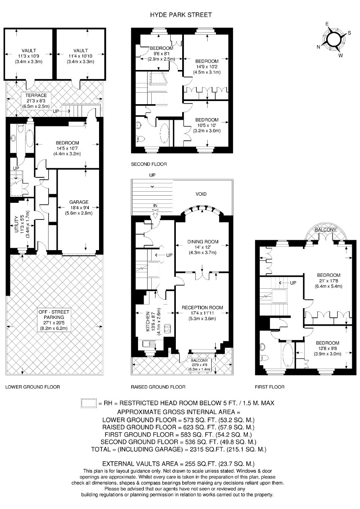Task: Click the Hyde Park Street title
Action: point(181,15)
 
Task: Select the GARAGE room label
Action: point(79,202)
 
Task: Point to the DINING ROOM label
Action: point(203,242)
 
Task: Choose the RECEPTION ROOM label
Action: point(202,308)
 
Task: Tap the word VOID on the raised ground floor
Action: point(201,194)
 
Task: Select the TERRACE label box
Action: point(36,101)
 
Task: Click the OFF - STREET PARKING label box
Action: point(54,320)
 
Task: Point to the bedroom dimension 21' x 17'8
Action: point(329,281)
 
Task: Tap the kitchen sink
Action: point(149,344)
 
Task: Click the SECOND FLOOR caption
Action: point(149,164)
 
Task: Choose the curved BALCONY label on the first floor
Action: point(325,230)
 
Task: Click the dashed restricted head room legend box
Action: point(88,403)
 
